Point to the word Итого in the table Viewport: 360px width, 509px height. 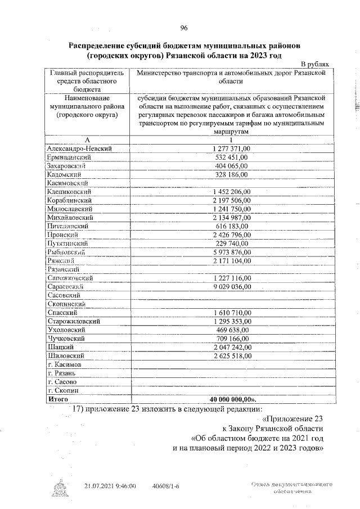click(x=58, y=399)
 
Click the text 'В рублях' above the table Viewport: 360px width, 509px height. click(x=319, y=65)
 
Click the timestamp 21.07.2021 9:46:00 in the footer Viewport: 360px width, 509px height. click(x=110, y=485)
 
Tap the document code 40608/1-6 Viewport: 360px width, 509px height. click(x=165, y=485)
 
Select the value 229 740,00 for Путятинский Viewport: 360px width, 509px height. click(x=233, y=244)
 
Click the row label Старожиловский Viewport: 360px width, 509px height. click(x=74, y=321)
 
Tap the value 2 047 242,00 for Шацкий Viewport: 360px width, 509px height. click(x=233, y=348)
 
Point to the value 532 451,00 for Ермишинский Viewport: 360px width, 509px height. click(x=233, y=157)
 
